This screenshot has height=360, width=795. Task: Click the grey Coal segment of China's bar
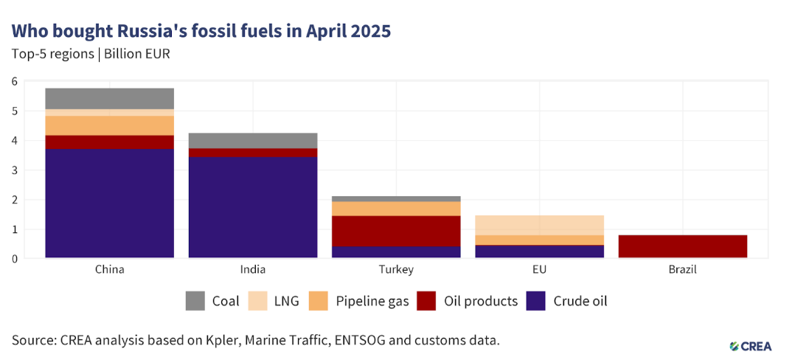109,98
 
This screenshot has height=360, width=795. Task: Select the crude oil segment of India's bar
253,207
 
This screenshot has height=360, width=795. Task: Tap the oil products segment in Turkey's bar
396,230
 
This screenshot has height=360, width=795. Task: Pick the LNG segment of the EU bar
540,225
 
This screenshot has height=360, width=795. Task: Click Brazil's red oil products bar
683,246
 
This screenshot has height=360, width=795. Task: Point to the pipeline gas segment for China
109,125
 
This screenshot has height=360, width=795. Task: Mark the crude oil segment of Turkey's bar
396,252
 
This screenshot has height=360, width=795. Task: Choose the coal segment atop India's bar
253,140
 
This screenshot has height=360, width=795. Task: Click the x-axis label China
109,270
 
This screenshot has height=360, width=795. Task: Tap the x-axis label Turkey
396,270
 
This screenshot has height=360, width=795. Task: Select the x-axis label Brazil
683,270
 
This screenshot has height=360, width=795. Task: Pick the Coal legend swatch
195,301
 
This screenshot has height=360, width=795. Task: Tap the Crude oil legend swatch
536,301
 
